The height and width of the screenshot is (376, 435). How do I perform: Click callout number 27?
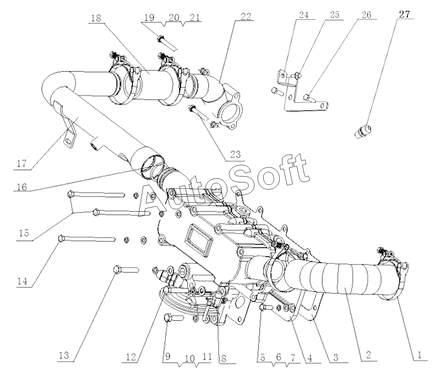tap(405, 14)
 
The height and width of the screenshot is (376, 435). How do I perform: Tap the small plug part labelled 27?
tap(364, 131)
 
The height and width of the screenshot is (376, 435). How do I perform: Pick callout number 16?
tap(22, 187)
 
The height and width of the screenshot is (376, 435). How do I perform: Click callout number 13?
tap(64, 354)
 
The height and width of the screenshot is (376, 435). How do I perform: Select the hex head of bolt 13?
tap(117, 268)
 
